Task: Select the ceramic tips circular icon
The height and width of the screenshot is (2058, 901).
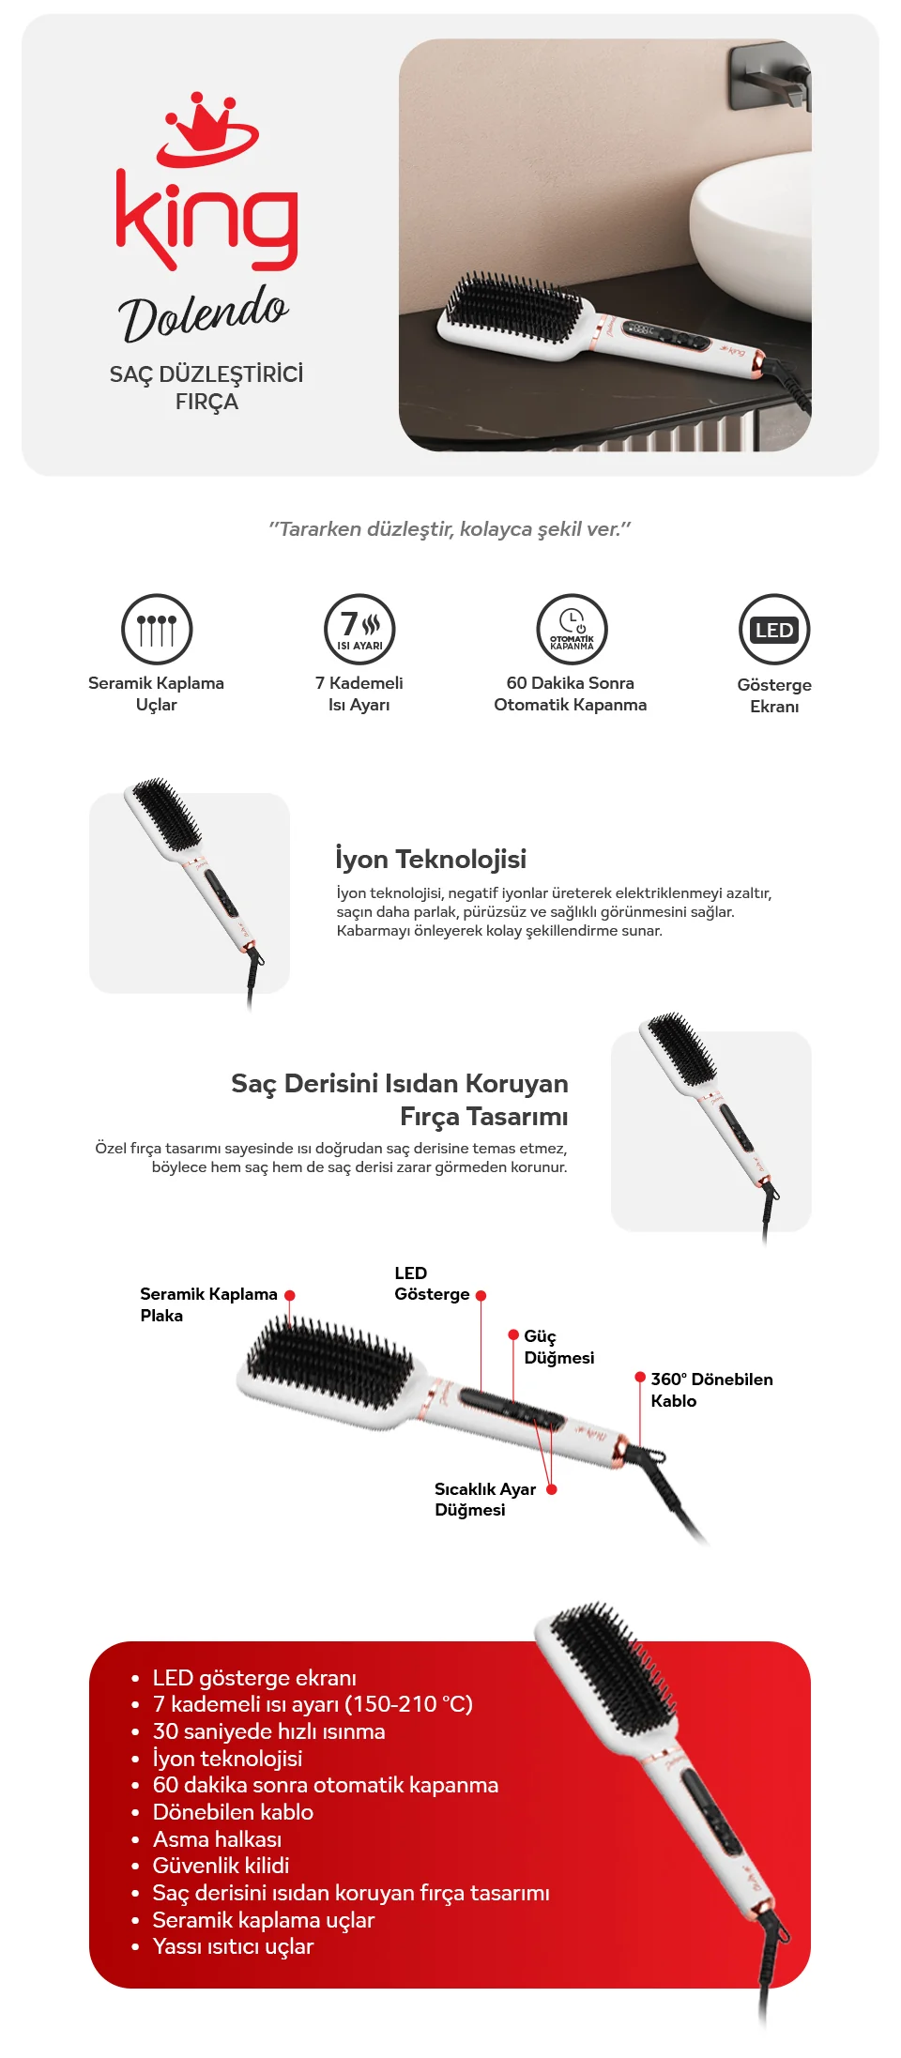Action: point(157,629)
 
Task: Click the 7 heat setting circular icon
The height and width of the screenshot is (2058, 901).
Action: point(359,629)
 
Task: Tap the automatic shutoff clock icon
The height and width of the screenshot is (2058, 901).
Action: point(572,629)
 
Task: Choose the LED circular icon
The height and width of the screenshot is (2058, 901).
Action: point(774,630)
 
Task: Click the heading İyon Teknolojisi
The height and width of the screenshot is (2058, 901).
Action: point(431,860)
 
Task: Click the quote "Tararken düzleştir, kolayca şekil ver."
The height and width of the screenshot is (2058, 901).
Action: point(450,529)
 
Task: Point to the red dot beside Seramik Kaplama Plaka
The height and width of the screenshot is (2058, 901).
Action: point(290,1295)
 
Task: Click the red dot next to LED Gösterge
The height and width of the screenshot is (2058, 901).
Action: point(481,1295)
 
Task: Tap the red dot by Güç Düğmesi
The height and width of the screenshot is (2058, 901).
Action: point(513,1334)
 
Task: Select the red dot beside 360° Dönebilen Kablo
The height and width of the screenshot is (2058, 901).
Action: point(640,1378)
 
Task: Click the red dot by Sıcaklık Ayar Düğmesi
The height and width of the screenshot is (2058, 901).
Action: point(552,1489)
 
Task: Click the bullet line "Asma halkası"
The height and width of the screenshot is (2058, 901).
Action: point(217,1839)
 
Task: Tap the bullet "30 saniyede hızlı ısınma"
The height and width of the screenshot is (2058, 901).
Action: point(269,1731)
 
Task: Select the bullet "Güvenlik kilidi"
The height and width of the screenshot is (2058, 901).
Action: point(221,1866)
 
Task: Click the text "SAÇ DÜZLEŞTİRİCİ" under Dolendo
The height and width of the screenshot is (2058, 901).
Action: point(206,373)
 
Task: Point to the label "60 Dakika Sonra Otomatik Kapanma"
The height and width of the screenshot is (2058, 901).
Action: point(571,694)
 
